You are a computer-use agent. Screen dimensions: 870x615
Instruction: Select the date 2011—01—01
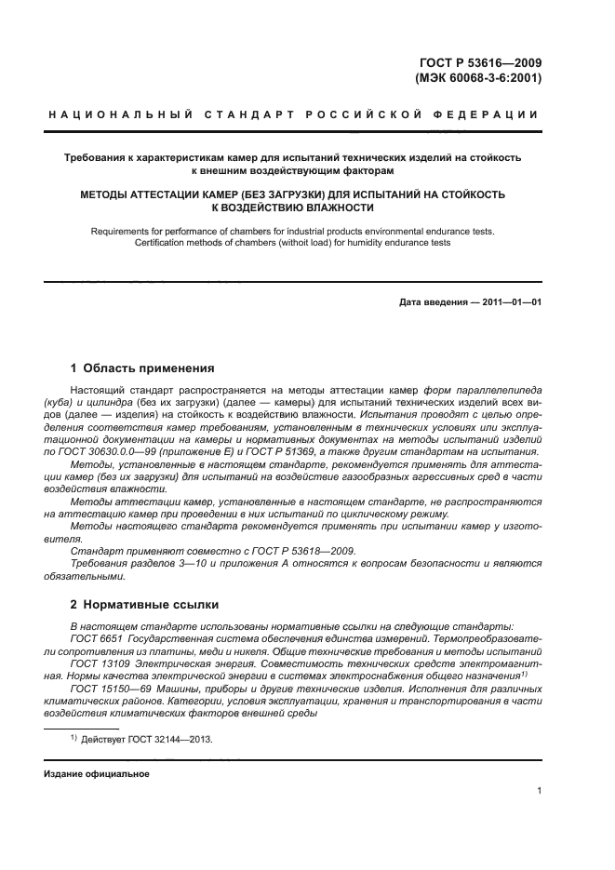[x=510, y=302]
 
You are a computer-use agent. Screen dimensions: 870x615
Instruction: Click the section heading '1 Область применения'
[x=142, y=368]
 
